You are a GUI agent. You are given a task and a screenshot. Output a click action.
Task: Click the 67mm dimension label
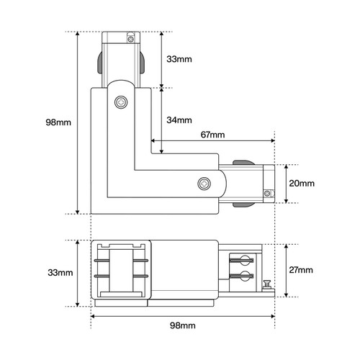coord(212,135)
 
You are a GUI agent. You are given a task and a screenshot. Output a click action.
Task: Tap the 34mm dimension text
coord(179,120)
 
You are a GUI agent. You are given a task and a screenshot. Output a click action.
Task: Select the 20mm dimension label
coord(302,184)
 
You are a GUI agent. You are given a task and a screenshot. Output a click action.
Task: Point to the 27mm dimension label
coord(301,270)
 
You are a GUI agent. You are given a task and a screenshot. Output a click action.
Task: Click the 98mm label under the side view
coord(183,325)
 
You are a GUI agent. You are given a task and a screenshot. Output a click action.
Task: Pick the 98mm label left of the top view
coord(58,122)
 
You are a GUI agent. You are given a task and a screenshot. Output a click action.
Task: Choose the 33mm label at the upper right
coord(179,59)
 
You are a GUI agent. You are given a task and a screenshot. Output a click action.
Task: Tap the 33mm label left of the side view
coord(60,273)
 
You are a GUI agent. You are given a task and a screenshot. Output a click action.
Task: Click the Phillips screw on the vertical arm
coord(121,102)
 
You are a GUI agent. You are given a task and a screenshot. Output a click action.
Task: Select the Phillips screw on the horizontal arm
coord(204,184)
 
